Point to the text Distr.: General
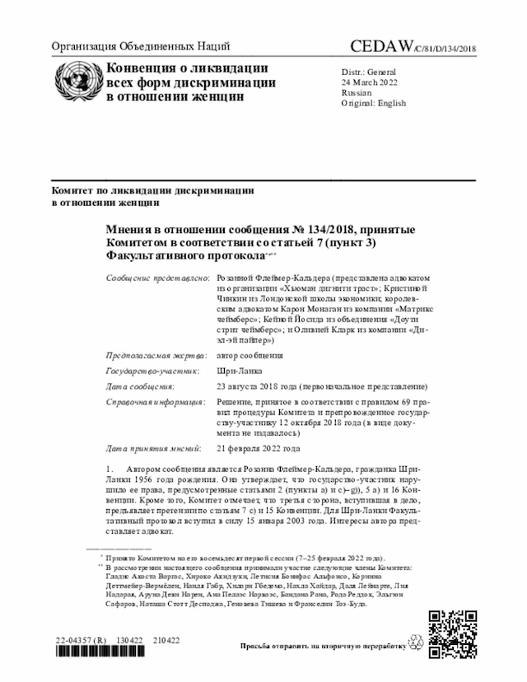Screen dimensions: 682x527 368,72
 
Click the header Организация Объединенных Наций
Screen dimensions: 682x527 141,46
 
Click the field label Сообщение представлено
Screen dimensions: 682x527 157,280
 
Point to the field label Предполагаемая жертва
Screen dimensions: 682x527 156,356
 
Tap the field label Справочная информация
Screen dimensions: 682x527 156,401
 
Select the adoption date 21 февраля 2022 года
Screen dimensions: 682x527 258,449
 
